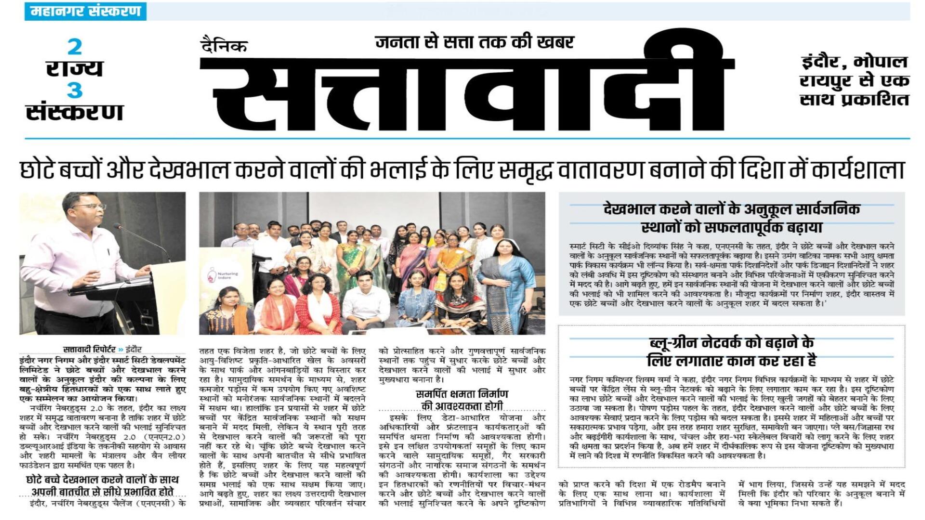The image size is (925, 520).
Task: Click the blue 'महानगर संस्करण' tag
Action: coord(85,11)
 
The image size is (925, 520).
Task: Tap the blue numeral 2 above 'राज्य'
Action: coord(74,47)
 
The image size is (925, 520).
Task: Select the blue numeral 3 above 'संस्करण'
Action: coord(74,91)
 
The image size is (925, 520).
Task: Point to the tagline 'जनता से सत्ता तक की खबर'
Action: coord(475,42)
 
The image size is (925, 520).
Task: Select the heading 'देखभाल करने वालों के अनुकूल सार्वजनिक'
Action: coord(731,210)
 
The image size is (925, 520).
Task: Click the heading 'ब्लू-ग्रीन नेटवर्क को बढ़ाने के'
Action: coord(731,343)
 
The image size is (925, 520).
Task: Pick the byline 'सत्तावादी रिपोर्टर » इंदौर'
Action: coord(102,350)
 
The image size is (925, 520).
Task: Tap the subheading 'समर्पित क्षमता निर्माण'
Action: coord(462,394)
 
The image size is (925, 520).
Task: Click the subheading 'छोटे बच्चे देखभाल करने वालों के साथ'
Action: coord(102,480)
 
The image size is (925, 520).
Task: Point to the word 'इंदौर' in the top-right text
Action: coord(823,62)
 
